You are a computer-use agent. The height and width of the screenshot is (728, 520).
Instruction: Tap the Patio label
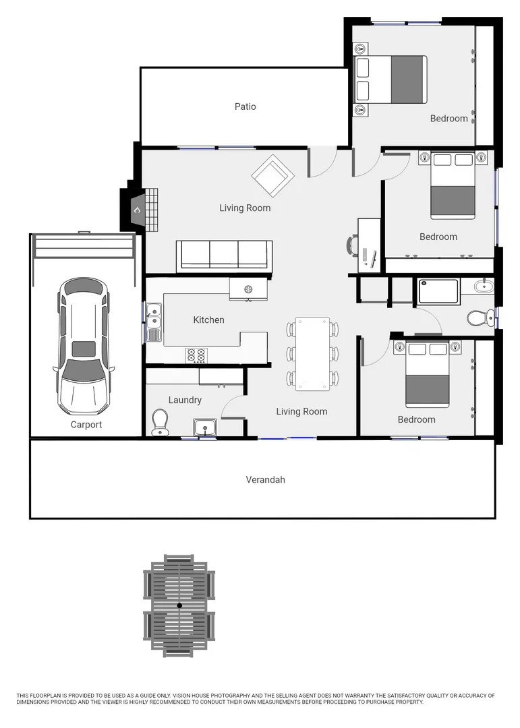(245, 107)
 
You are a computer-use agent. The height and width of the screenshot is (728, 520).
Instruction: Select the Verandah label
(265, 480)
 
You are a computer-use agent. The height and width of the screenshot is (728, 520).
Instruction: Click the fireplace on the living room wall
(137, 210)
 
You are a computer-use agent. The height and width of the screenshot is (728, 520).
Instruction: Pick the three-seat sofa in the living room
(224, 255)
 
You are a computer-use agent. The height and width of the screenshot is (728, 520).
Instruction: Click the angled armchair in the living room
(273, 175)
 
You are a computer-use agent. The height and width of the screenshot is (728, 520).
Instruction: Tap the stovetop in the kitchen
(196, 355)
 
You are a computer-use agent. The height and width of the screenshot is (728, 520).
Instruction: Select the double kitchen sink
(154, 322)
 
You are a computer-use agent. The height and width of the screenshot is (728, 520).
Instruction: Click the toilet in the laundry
(161, 423)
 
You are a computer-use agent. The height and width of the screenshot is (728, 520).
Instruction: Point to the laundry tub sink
(204, 427)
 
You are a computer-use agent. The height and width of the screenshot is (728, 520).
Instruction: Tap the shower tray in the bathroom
(438, 291)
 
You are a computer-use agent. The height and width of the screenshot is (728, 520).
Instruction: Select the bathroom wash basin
(483, 286)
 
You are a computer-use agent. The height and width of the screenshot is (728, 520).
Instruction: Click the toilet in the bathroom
(480, 316)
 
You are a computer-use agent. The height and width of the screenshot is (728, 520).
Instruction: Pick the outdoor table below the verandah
(179, 605)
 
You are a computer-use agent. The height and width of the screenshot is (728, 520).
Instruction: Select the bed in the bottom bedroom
(428, 375)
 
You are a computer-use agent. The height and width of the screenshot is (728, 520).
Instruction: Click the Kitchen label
(208, 320)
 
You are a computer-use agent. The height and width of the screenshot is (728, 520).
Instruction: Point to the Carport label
(86, 425)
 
